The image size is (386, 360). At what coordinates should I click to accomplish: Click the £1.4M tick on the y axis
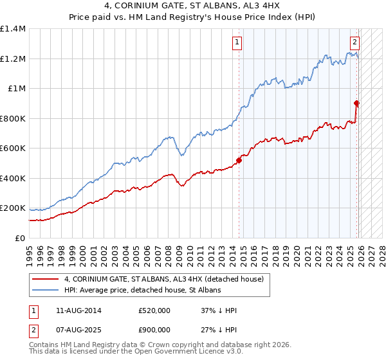(13, 29)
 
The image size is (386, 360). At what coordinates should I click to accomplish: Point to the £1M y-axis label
(16, 89)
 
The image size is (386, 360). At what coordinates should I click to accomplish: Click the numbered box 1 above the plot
(237, 43)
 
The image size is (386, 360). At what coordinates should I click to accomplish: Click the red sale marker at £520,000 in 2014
(239, 161)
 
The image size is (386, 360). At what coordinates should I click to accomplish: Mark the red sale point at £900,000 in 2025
(356, 103)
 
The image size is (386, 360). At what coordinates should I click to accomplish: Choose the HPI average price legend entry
(142, 291)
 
